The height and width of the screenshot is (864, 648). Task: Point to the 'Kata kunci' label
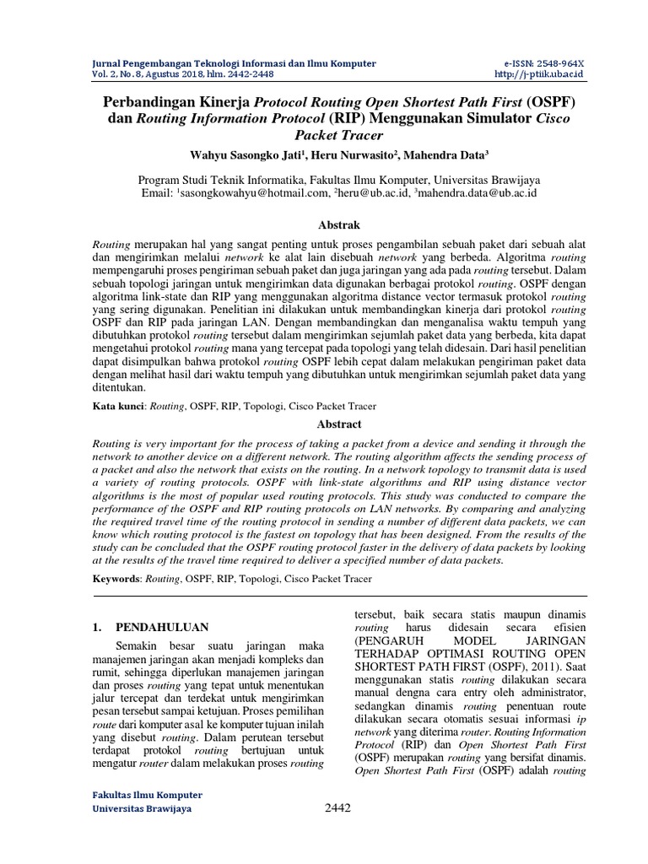coord(118,406)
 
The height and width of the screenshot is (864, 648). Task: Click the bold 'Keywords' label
coord(117,579)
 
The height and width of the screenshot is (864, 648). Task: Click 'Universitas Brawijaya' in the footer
coord(140,808)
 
